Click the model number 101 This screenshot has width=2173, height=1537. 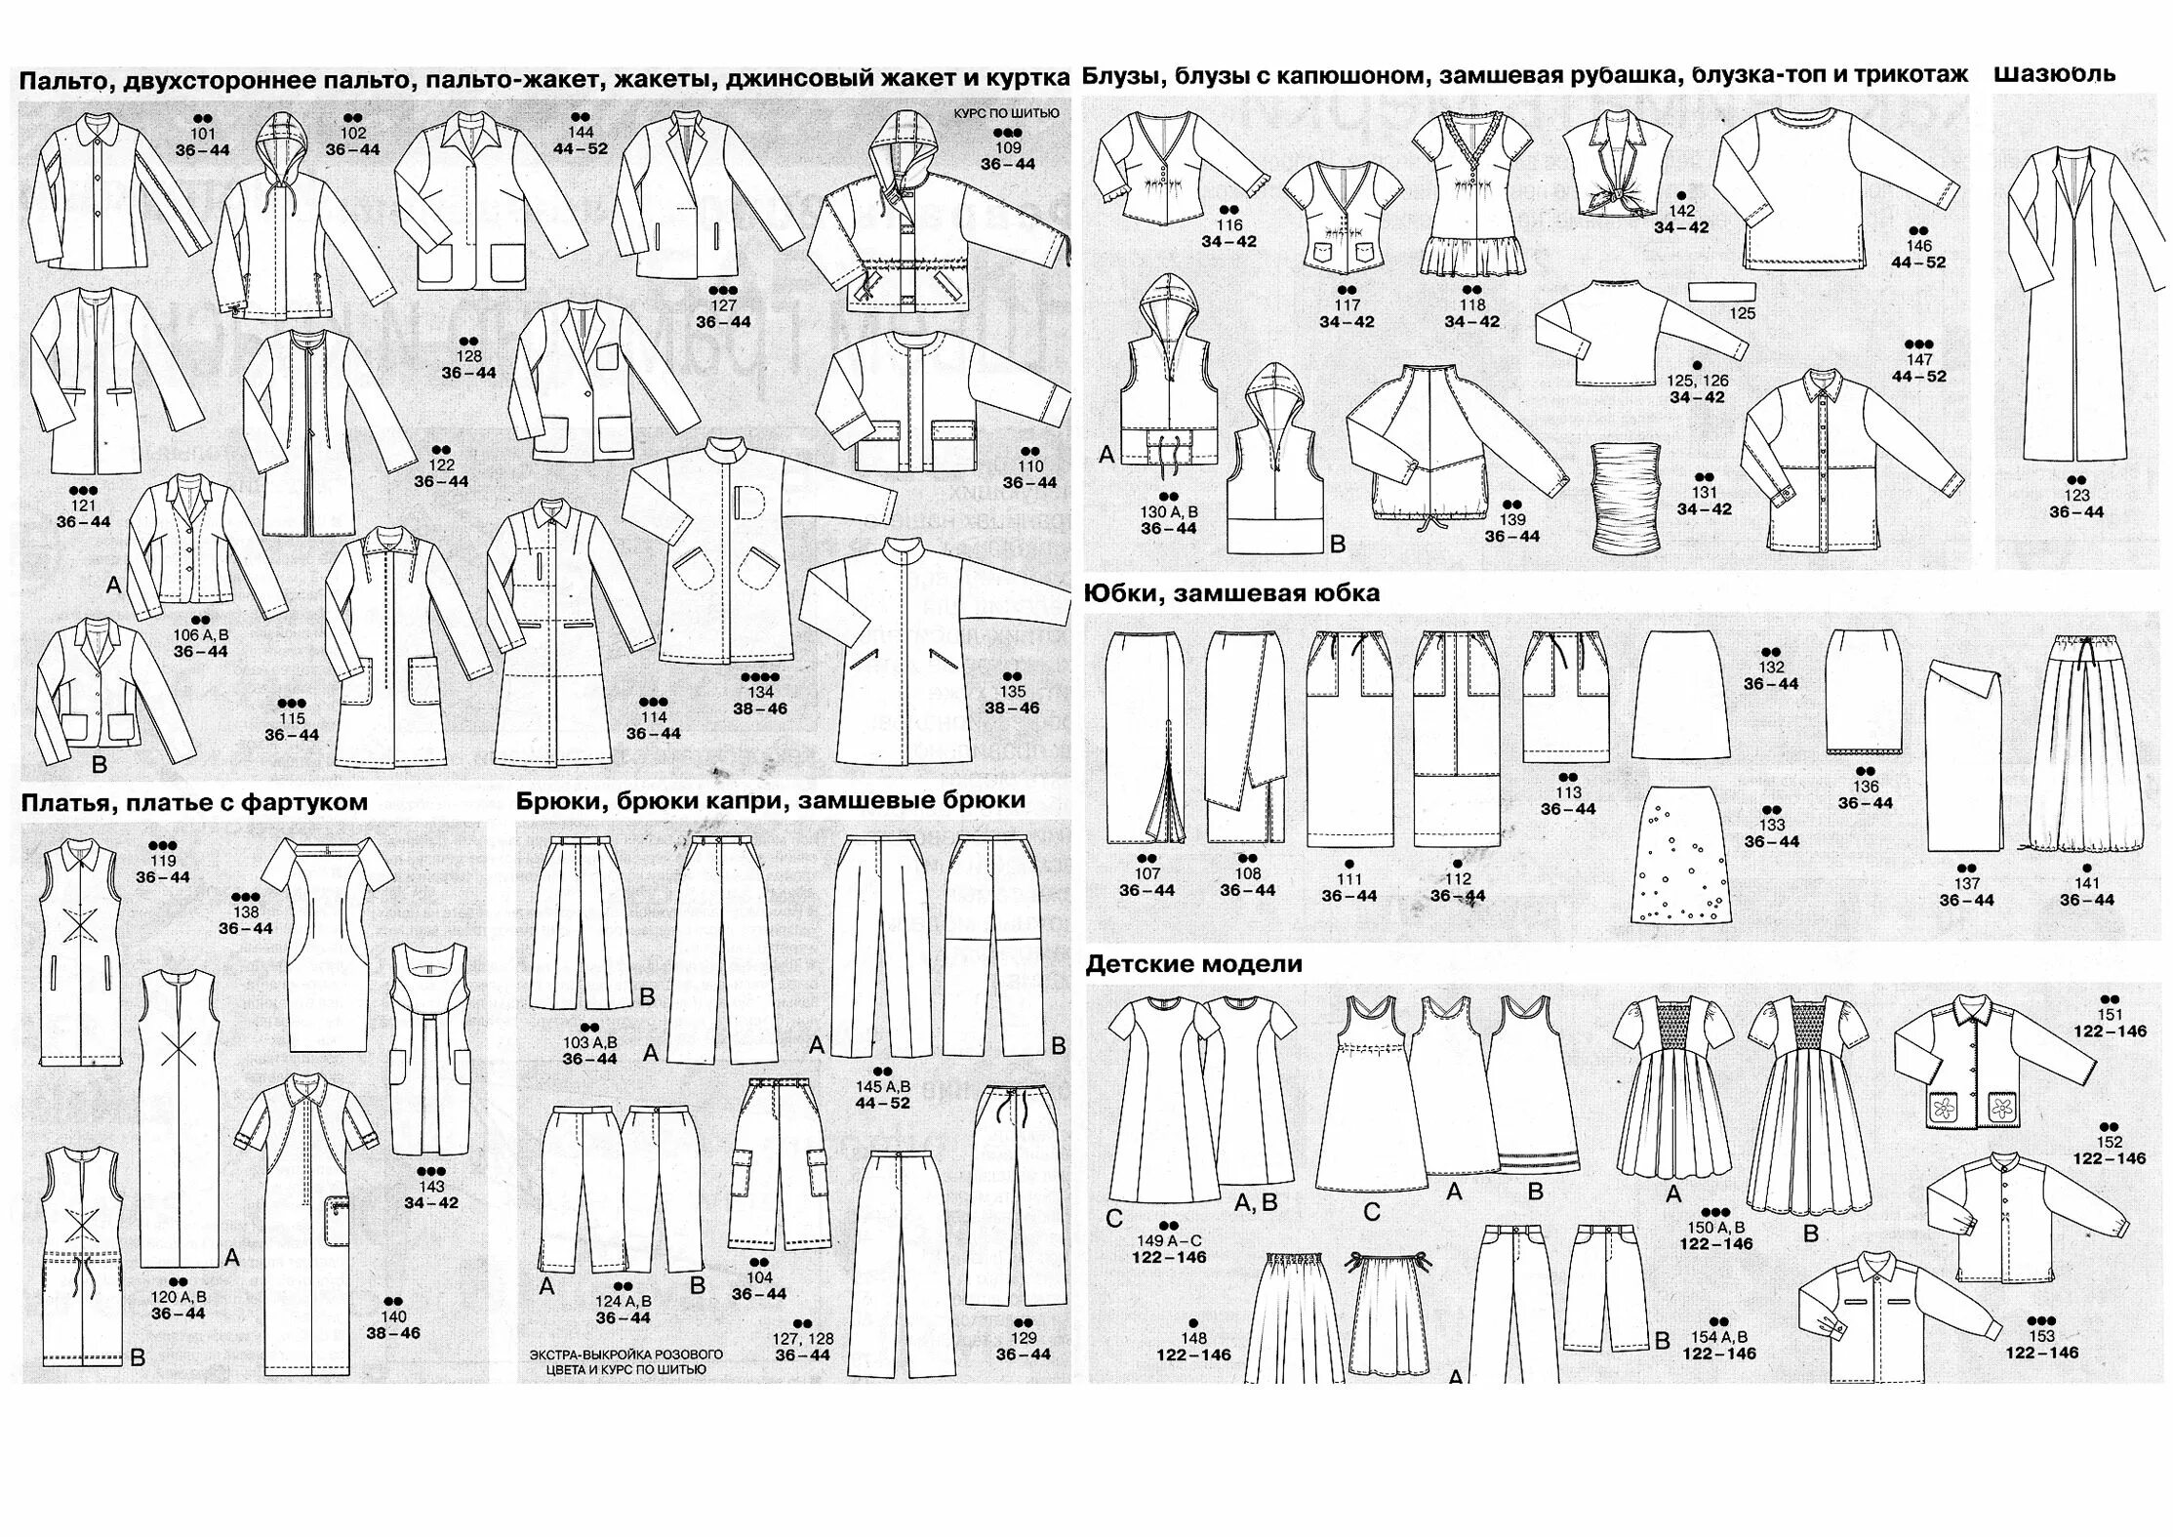pyautogui.click(x=202, y=134)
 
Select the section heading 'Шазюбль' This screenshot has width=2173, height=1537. pyautogui.click(x=2054, y=74)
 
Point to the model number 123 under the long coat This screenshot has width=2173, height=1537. pyautogui.click(x=2076, y=495)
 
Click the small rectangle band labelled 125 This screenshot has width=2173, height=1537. pyautogui.click(x=1722, y=291)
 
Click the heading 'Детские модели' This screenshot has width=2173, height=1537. pyautogui.click(x=1193, y=964)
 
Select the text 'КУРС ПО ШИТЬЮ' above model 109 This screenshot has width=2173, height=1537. pyautogui.click(x=1006, y=113)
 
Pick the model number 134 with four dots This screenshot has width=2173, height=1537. pyautogui.click(x=760, y=692)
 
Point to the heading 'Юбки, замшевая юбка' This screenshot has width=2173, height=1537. pyautogui.click(x=1231, y=593)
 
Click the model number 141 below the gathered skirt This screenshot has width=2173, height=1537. pyautogui.click(x=2086, y=883)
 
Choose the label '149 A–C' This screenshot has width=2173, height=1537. pyautogui.click(x=1169, y=1240)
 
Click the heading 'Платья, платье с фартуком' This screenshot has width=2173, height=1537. pyautogui.click(x=194, y=802)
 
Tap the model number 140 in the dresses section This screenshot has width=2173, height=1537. pyautogui.click(x=393, y=1316)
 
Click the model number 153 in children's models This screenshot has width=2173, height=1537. pyautogui.click(x=2041, y=1336)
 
